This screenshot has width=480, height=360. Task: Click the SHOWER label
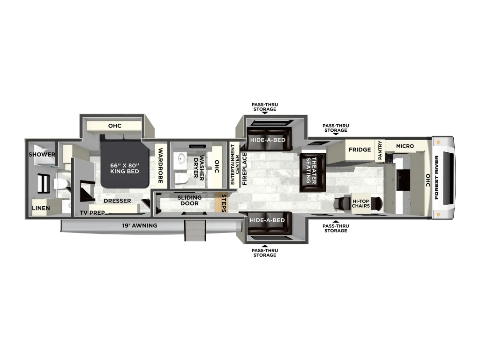[42, 155]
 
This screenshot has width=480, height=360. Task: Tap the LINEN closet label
[41, 208]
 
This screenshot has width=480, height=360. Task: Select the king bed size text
[125, 168]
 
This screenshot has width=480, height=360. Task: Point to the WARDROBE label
[160, 165]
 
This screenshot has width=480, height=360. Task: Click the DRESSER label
[117, 201]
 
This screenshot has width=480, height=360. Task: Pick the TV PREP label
[92, 212]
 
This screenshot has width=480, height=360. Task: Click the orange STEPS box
[221, 202]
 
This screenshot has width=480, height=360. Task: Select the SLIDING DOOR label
[189, 201]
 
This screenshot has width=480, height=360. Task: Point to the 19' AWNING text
[140, 225]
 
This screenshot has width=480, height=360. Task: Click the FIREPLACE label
[245, 169]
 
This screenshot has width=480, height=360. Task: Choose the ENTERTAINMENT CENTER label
[235, 165]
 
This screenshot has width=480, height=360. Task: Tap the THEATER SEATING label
[311, 170]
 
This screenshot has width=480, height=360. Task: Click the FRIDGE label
[360, 150]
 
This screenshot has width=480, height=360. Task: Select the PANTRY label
[380, 150]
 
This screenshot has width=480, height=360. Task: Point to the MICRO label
[405, 146]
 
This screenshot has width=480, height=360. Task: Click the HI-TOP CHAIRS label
[360, 203]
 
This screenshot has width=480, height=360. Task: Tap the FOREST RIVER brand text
[436, 177]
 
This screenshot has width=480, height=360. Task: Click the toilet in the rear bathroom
[60, 184]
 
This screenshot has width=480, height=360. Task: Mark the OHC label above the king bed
[115, 126]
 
